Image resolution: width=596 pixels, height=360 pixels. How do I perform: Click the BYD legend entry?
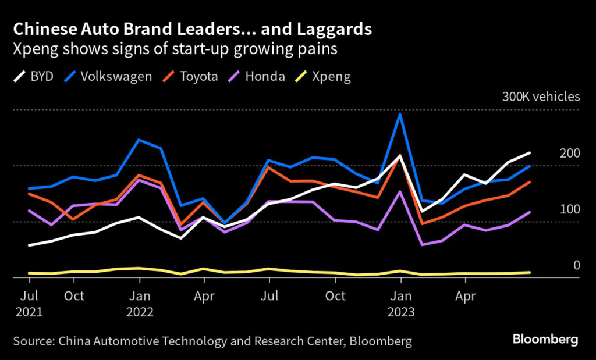tap(34, 77)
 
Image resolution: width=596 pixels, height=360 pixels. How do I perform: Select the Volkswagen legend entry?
tap(109, 77)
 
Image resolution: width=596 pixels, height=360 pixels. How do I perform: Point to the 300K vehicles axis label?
tap(541, 97)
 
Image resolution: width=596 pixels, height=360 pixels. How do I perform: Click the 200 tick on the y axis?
tap(570, 154)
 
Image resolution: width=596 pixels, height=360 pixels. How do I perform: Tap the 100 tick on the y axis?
tap(570, 209)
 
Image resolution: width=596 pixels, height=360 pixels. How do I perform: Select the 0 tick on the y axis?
tap(577, 265)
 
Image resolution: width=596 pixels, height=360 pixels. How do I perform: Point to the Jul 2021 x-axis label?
tap(30, 303)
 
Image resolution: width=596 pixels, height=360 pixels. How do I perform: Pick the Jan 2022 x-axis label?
tap(139, 303)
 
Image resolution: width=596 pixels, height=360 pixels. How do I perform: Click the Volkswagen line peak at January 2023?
tap(400, 114)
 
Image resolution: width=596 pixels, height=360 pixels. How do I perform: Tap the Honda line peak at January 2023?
tap(400, 191)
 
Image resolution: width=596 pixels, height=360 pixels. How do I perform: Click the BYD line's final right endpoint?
tap(530, 153)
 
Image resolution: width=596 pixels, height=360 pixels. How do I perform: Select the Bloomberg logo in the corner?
tap(545, 339)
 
